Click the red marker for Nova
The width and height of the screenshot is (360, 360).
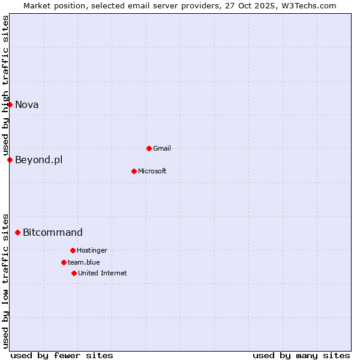(x=10, y=104)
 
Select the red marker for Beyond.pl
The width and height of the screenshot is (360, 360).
(x=10, y=160)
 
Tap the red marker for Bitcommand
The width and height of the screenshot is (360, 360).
(x=17, y=232)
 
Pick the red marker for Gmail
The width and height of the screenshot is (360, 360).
(x=149, y=148)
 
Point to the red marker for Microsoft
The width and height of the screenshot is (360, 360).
(x=134, y=171)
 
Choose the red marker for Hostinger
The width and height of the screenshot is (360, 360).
(x=73, y=250)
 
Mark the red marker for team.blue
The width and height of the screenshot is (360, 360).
(x=64, y=262)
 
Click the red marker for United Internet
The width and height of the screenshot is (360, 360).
(x=74, y=273)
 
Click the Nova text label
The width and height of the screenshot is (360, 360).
(x=27, y=104)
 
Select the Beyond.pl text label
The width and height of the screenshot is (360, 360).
(x=39, y=160)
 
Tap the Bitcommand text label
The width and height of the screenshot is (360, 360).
(x=53, y=232)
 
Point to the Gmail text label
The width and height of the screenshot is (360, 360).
(x=162, y=148)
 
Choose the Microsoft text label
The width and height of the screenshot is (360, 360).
(x=152, y=171)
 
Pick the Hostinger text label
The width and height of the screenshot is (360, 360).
(x=92, y=250)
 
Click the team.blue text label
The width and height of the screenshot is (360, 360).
(x=84, y=262)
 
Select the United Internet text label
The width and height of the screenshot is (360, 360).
(x=103, y=273)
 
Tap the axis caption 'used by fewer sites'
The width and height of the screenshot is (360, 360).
(x=62, y=355)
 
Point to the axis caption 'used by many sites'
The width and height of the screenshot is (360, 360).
(x=301, y=355)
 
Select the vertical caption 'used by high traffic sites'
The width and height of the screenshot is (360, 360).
(x=5, y=85)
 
